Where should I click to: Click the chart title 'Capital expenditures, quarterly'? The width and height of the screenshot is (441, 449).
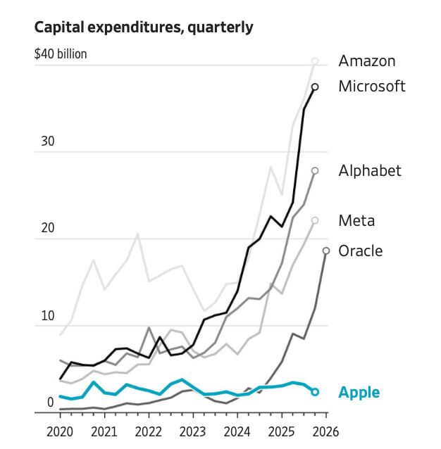(144, 28)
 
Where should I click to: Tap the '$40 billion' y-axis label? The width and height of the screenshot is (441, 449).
(61, 53)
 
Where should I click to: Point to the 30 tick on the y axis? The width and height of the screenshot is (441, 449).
(47, 141)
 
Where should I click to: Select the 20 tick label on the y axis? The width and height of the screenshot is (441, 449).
(47, 228)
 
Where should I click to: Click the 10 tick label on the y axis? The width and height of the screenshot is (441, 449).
(47, 315)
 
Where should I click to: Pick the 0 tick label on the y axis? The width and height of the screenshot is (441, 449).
(50, 403)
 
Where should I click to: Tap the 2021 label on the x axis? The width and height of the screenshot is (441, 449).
(104, 430)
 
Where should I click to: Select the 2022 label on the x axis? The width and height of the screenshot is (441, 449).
(148, 430)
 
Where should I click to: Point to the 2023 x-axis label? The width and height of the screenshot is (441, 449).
(192, 430)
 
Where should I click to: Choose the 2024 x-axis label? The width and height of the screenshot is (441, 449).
(237, 430)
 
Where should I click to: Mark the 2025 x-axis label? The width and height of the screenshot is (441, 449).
(281, 430)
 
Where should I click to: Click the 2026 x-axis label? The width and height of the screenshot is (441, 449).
(325, 430)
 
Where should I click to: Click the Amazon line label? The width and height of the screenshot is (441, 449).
(367, 61)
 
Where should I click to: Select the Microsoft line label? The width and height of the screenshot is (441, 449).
(372, 86)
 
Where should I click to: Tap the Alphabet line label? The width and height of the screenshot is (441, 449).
(370, 170)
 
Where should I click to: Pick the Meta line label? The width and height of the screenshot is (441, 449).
(356, 220)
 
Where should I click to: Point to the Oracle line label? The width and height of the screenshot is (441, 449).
(361, 251)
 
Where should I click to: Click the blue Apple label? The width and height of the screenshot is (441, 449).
(359, 393)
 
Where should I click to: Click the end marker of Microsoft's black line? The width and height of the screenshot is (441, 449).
(316, 87)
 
